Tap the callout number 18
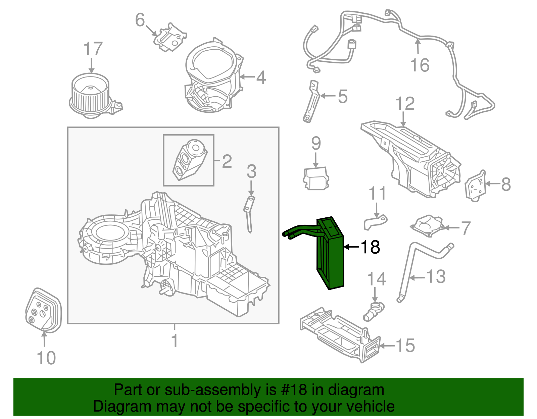[370, 247]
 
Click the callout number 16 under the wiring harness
[420, 65]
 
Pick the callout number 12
[405, 104]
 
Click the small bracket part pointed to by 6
[170, 37]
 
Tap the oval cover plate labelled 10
[43, 311]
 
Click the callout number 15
[405, 346]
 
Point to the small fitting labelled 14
[374, 311]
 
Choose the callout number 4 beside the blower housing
[261, 77]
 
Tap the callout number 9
[316, 144]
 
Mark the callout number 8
[506, 184]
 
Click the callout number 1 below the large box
[174, 341]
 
